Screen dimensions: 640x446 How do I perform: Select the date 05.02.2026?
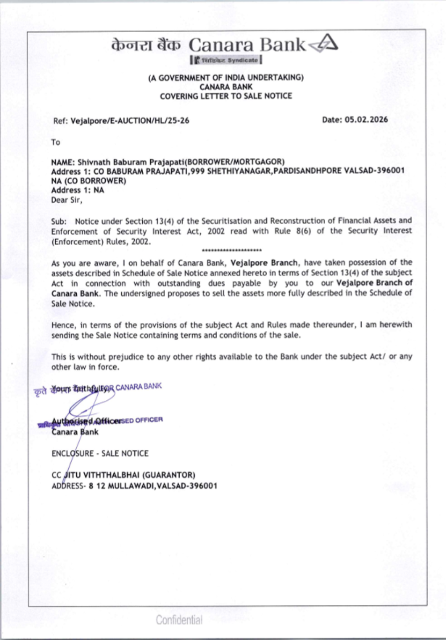pos(366,119)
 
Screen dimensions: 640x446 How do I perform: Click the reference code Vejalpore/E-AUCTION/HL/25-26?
pos(130,120)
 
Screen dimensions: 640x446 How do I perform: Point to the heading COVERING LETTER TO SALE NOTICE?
pos(226,96)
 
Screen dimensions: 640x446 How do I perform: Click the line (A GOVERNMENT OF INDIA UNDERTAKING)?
pos(226,78)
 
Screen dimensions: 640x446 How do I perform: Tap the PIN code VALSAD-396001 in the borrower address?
pos(374,171)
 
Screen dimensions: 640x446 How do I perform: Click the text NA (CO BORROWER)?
pos(88,181)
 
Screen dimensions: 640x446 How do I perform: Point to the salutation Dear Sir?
pos(67,200)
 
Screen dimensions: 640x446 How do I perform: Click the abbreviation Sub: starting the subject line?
pos(59,221)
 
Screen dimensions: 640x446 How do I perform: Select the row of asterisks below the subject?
pos(231,250)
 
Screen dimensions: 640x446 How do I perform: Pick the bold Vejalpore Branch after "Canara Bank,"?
pos(264,263)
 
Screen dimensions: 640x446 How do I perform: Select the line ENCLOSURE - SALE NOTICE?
pos(100,453)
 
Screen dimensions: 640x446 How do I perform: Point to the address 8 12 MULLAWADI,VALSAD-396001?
pos(153,486)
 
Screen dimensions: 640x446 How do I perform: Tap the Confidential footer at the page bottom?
pos(179,619)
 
